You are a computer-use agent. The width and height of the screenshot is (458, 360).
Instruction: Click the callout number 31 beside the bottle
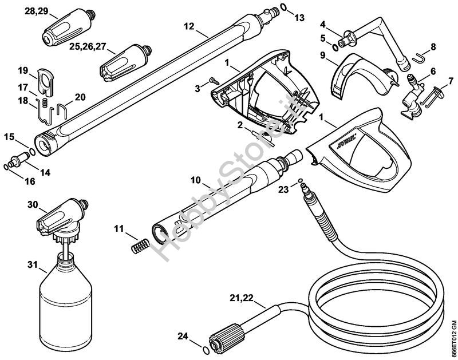coord(33,265)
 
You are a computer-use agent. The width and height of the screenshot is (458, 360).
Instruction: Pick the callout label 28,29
coord(37,11)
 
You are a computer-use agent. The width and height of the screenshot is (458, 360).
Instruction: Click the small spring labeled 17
coord(45,102)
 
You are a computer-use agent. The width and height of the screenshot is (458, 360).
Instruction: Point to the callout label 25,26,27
coord(88,47)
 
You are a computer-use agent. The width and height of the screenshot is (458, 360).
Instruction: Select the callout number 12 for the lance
coord(189,26)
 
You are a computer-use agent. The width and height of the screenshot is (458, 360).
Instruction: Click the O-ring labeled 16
coord(6,167)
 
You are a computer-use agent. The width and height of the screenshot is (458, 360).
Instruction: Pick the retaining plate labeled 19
coord(45,82)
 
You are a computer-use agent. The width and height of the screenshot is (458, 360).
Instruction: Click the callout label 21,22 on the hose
coord(241,298)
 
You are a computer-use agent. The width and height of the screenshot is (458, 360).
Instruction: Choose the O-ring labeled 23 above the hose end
coord(300,181)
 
